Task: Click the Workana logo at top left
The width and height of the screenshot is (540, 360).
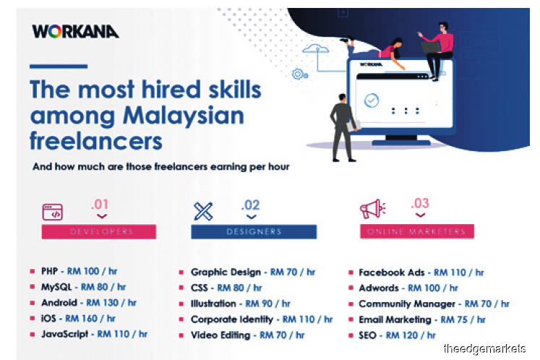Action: pos(75,31)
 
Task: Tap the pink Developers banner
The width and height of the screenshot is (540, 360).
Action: pos(99,231)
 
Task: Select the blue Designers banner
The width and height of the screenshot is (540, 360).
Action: pos(254,231)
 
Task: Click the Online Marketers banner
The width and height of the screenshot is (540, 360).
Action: pos(417,231)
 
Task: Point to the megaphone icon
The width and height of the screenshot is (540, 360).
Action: pos(372,209)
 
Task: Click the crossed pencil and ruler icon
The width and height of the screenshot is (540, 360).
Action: pos(203,211)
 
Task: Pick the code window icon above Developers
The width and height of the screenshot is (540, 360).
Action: pos(52,212)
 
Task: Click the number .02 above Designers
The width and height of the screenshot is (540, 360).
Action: pos(250,205)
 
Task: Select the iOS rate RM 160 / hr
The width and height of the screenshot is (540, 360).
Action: pos(90,318)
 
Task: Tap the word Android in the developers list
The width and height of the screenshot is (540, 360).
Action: pos(59,302)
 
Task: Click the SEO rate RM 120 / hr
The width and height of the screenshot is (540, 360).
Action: pos(411,335)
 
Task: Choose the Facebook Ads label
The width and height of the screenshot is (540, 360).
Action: pos(392,273)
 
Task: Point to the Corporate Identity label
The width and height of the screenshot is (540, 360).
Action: pos(232,320)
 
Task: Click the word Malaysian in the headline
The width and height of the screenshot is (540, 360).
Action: pos(184,115)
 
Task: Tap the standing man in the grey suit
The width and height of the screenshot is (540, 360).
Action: pos(343,128)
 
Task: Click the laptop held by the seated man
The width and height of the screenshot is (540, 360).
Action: pos(431,47)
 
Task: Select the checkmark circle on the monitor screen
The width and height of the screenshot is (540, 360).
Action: pos(372,100)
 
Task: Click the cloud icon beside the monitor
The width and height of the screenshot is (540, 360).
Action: pos(315,48)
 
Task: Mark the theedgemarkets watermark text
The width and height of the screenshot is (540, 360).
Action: pos(484,348)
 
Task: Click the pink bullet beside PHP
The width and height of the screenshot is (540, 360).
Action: pos(33,271)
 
